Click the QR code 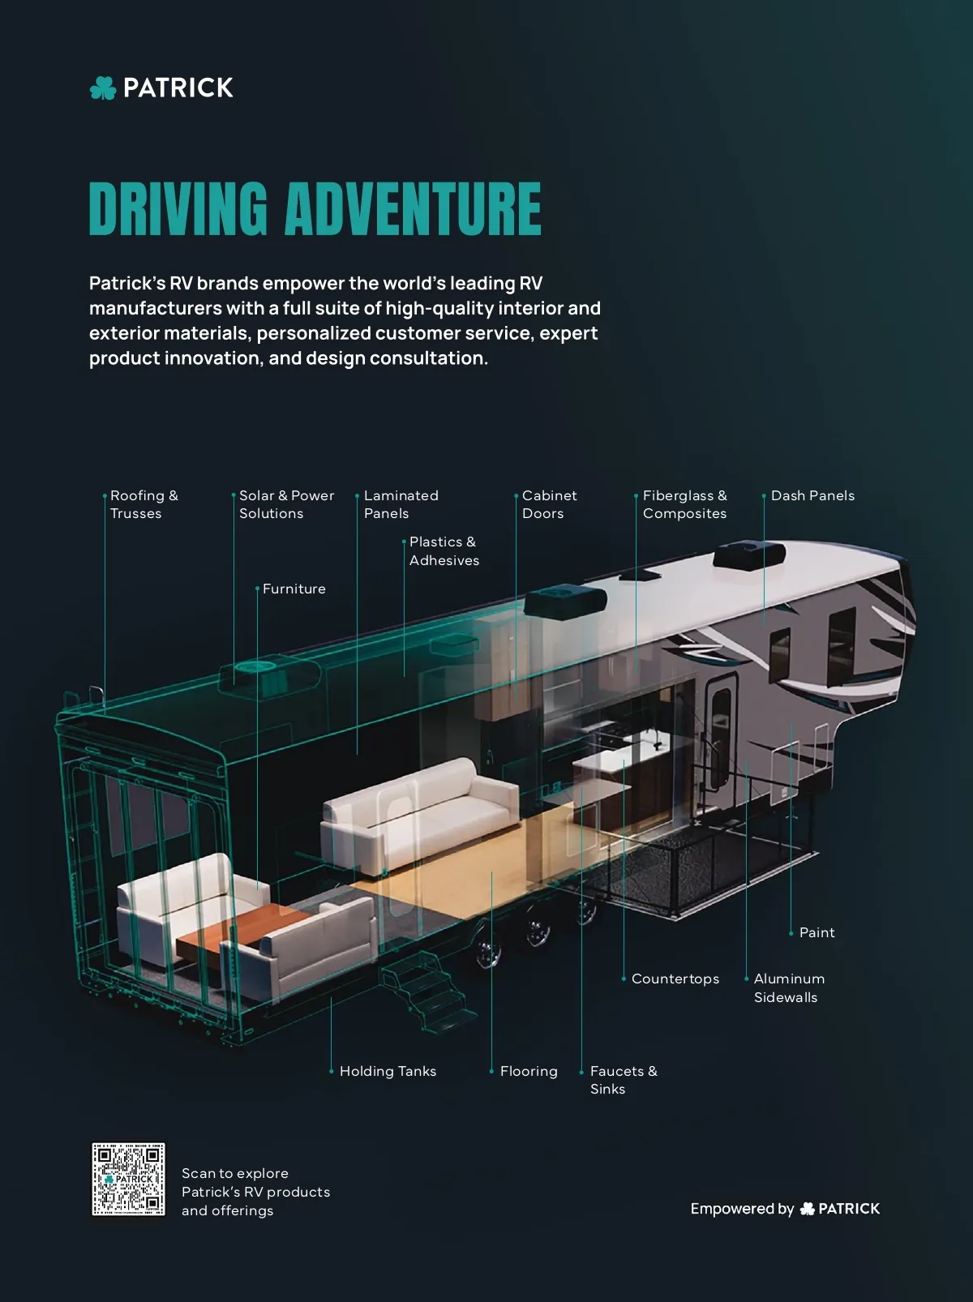pos(128,1179)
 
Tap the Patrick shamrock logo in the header pos(103,88)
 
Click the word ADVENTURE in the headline pos(413,209)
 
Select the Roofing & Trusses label pos(144,504)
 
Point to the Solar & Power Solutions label pos(286,504)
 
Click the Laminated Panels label pos(401,504)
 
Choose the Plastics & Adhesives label pos(444,551)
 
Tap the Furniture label pos(294,589)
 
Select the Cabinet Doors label pos(550,504)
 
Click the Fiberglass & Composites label pos(684,504)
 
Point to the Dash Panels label pos(812,495)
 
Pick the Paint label pos(817,932)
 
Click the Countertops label pos(675,979)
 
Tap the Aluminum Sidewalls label pos(789,988)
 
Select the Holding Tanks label pos(388,1071)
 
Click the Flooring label pos(529,1071)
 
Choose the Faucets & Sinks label pos(624,1080)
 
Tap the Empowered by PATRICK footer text pos(785,1209)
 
